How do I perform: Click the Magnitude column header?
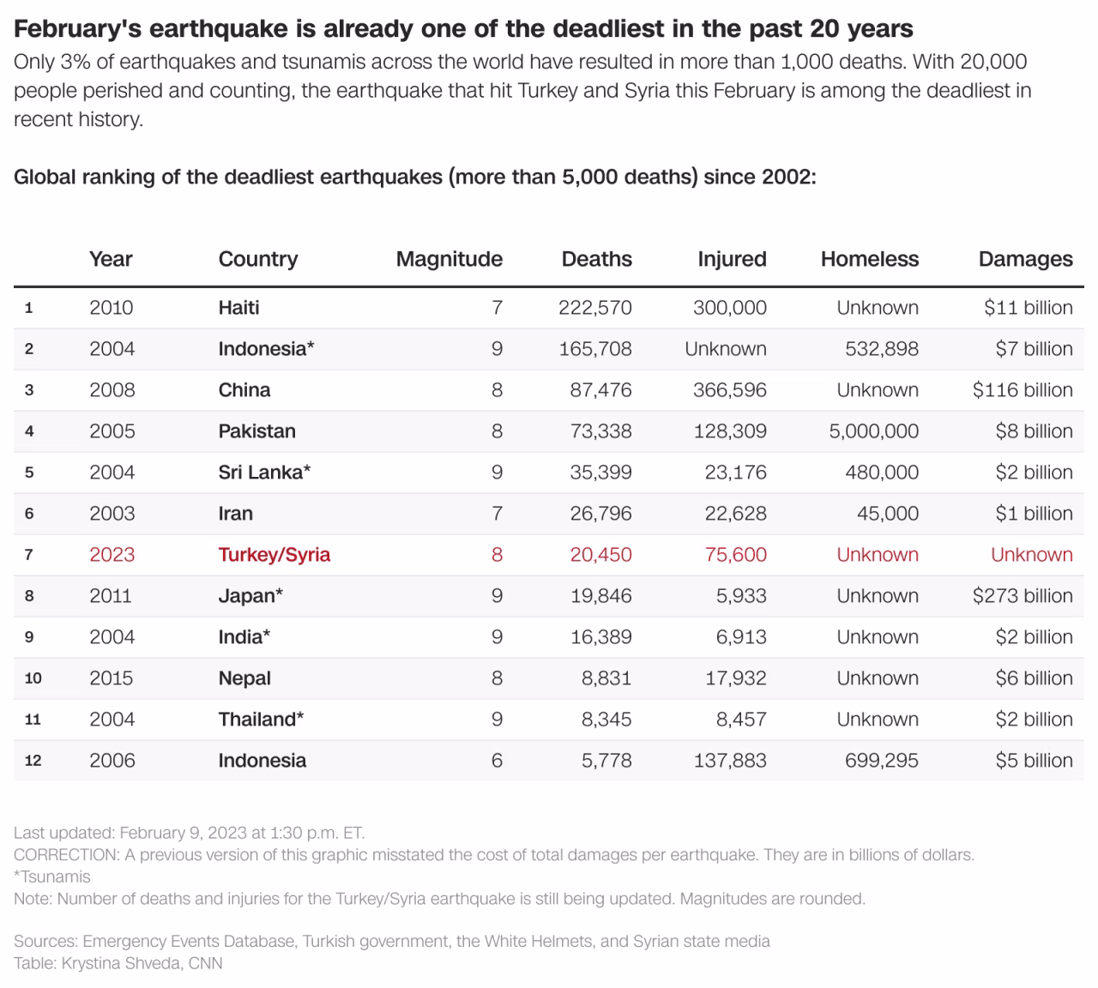coord(449,259)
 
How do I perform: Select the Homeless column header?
coord(869,259)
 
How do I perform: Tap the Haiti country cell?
coord(238,308)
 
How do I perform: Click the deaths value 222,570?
coord(595,308)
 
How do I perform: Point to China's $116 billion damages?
coord(1023,390)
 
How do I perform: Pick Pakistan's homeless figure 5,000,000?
coord(873,431)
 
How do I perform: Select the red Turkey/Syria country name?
coord(274,555)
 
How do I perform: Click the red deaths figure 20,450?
coord(600,555)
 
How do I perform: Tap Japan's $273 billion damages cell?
coord(1023,596)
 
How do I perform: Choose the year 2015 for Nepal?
coord(112,678)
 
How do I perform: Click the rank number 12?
coord(33,761)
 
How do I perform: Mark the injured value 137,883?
coord(730,761)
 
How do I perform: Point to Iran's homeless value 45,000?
coord(887,514)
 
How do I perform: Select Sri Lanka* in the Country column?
coord(264,473)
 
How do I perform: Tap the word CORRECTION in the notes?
coord(66,855)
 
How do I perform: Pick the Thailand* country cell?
coord(261,720)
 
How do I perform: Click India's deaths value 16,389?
coord(600,637)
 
